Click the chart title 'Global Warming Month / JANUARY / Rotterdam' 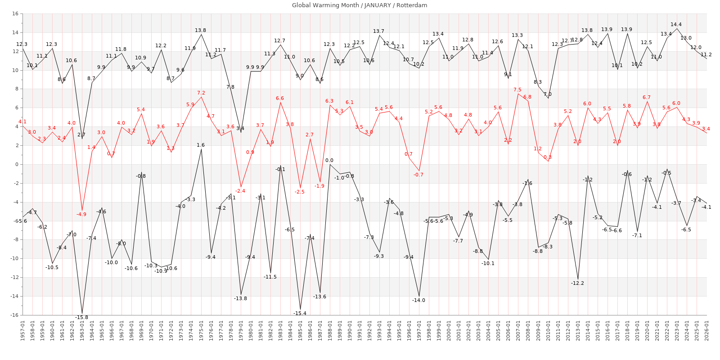[x=360, y=5]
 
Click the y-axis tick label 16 [x=15, y=14]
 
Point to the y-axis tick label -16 [x=14, y=315]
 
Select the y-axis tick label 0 [x=16, y=164]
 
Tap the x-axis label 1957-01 [x=22, y=331]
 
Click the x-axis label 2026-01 [x=706, y=331]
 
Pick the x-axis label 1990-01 [x=350, y=331]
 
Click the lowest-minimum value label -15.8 [x=81, y=317]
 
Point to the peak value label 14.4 [x=676, y=25]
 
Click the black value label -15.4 [x=300, y=313]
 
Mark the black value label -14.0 [x=418, y=300]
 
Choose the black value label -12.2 [x=577, y=283]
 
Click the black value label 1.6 [x=201, y=145]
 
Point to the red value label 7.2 [x=201, y=93]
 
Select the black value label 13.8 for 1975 [x=200, y=31]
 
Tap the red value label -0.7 [x=418, y=175]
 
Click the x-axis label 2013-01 [x=578, y=331]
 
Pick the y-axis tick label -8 [x=15, y=240]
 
